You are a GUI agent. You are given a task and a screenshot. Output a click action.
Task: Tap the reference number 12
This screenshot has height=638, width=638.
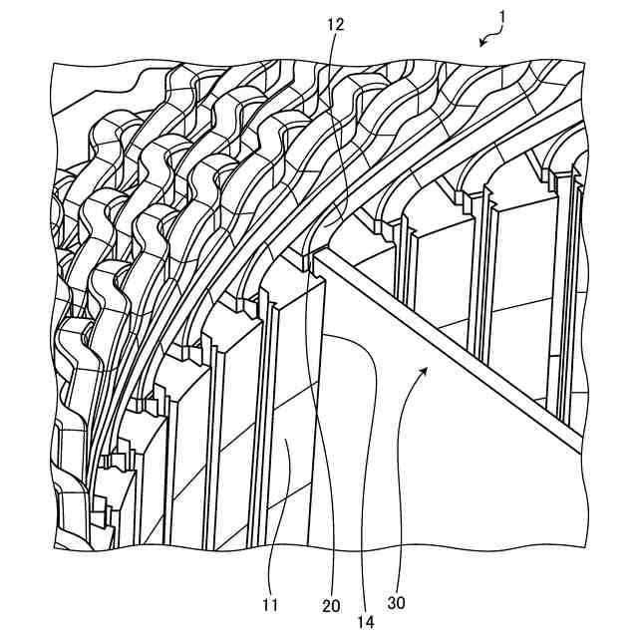[x=335, y=25]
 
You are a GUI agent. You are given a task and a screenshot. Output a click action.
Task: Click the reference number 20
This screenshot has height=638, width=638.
[x=330, y=604]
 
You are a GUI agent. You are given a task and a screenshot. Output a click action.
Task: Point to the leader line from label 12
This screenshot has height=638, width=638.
[x=337, y=120]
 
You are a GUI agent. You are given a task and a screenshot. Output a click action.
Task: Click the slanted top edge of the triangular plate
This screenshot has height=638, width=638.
[x=449, y=349]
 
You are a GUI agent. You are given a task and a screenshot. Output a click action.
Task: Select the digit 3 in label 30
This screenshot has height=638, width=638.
[x=394, y=602]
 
